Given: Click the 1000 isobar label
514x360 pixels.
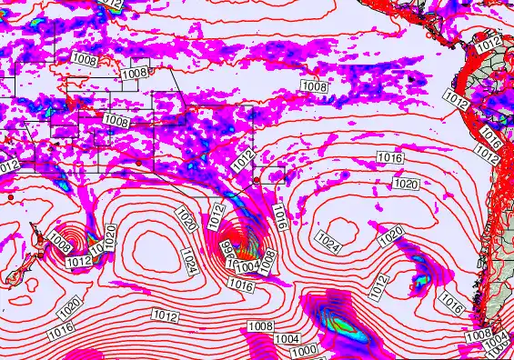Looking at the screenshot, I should tap(305, 351).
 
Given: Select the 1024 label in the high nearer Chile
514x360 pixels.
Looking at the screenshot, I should tap(329, 240).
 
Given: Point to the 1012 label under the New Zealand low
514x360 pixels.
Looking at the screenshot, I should tap(78, 262).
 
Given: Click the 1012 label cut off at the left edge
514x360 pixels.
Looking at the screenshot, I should tap(7, 165).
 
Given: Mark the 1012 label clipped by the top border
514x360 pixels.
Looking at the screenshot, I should tap(111, 4).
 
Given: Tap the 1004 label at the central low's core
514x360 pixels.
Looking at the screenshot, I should tap(247, 267).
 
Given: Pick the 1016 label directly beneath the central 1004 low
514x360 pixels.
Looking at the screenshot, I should tap(240, 285).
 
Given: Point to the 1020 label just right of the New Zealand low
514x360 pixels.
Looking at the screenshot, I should tap(109, 236).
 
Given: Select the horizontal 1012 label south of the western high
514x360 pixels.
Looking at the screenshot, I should tap(165, 315).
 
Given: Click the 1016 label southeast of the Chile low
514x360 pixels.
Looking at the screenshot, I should tap(449, 304).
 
